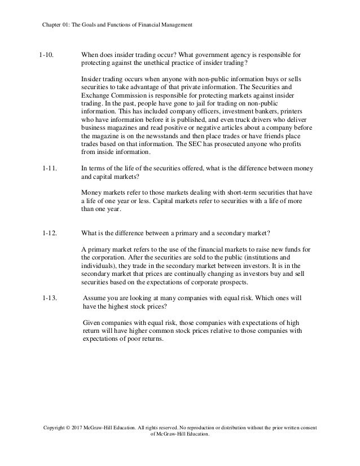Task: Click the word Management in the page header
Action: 175,25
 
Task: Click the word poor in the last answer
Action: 134,340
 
